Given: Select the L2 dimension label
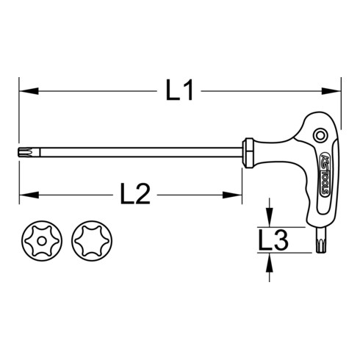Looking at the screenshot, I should tap(135, 195).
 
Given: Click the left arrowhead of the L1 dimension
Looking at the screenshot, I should tap(24, 92).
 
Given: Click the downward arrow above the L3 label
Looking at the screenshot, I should tap(270, 221).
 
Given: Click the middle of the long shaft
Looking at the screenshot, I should tap(132, 151).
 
